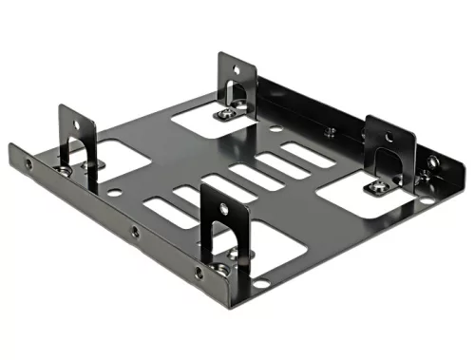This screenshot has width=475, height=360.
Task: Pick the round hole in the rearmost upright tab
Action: click(x=234, y=68)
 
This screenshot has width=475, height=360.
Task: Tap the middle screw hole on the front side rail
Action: click(x=135, y=231)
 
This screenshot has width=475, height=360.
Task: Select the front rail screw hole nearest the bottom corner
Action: click(x=199, y=273)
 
